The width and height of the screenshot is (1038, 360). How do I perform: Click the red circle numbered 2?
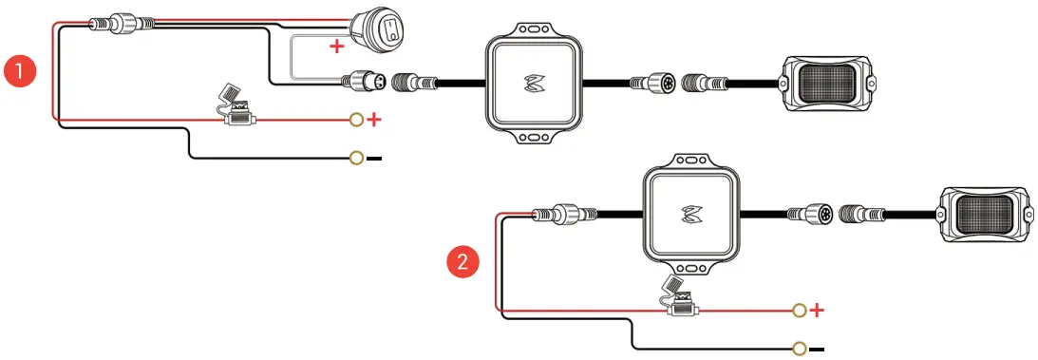coord(462,261)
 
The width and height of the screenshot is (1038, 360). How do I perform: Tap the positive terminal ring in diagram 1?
coord(356,120)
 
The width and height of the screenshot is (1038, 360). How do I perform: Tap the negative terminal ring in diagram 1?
coord(356,158)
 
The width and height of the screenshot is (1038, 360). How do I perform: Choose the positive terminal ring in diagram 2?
coord(800,311)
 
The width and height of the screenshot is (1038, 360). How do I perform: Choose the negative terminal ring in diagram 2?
coord(800,349)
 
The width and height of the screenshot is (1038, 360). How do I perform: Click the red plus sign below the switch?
coord(336,47)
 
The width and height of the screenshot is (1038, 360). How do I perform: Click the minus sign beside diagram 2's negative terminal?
coord(818,349)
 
